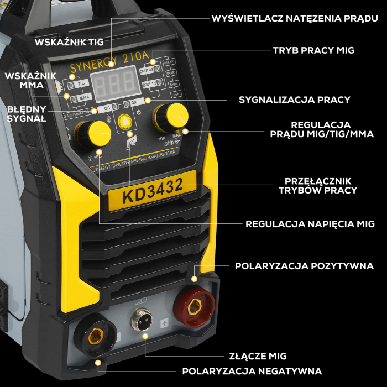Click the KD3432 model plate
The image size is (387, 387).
click(x=153, y=190)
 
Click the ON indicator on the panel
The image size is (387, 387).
click(x=133, y=103)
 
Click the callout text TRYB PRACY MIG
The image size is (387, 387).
click(x=313, y=50)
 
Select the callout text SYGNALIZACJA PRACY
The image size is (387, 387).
click(x=295, y=100)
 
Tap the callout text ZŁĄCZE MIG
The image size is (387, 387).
click(x=258, y=356)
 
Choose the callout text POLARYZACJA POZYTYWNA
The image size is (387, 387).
click(x=304, y=266)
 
